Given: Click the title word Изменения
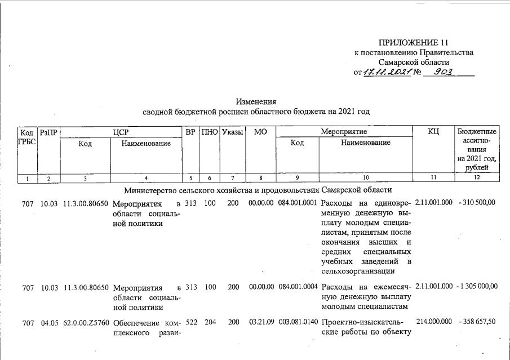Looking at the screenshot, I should tap(256, 102).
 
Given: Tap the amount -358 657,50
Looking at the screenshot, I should tap(477, 321).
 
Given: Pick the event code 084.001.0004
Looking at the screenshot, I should tap(298, 287).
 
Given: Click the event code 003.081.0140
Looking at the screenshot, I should tap(298, 321).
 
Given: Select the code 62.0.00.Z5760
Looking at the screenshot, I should tap(86, 322).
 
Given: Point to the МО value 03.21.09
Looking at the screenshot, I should tap(261, 321).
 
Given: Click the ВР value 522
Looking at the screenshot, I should tap(190, 321).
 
